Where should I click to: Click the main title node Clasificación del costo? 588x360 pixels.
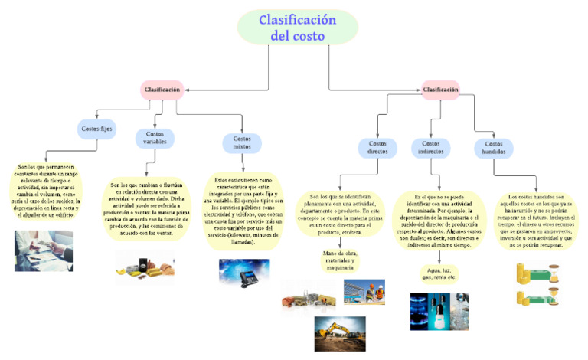297,28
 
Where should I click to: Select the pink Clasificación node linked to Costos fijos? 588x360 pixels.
162,90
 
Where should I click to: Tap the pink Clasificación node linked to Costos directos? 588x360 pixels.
440,90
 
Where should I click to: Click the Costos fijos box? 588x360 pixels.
97,129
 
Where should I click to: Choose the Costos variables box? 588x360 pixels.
155,137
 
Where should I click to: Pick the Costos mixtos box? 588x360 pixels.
241,142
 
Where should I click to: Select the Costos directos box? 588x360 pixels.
377,148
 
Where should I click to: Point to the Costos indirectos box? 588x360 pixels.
431,148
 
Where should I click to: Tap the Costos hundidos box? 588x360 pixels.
493,148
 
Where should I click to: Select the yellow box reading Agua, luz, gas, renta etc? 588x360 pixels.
439,273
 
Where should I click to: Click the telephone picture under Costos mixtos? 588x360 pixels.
243,272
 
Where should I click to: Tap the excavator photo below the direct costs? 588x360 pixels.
339,332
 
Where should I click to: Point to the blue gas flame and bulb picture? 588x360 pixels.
439,310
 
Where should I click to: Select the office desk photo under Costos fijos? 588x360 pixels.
44,250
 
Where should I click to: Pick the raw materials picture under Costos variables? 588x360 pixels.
145,266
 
